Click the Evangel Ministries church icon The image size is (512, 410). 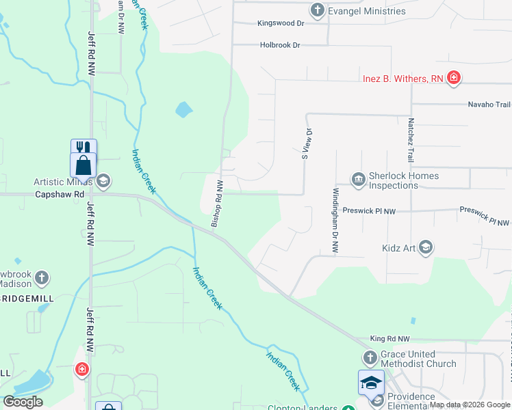click(x=317, y=10)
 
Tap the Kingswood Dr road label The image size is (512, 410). click(x=280, y=23)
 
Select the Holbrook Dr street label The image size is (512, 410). click(x=280, y=45)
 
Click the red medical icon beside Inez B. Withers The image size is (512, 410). click(x=453, y=79)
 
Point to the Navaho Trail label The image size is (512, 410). click(x=489, y=105)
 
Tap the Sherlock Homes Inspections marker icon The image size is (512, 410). click(x=358, y=179)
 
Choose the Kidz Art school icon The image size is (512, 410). click(x=425, y=247)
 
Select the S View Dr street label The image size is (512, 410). click(x=307, y=143)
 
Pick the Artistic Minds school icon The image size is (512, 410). click(x=103, y=181)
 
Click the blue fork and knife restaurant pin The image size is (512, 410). click(x=84, y=149)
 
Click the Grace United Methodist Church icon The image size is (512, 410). click(x=370, y=358)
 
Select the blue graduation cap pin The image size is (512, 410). click(x=370, y=383)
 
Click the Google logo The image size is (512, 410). click(x=23, y=402)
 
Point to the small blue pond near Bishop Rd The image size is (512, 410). click(x=183, y=109)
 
